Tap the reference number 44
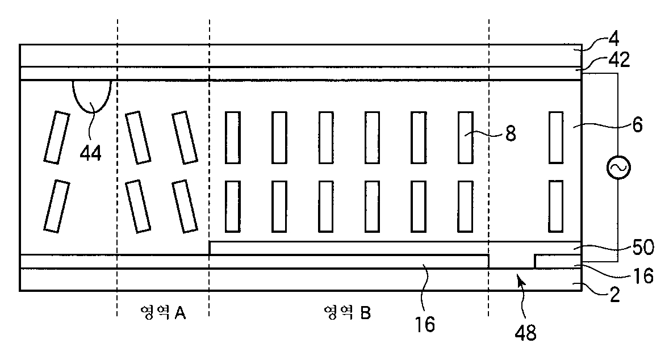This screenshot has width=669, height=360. coord(91,153)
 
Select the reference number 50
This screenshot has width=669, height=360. coord(641,248)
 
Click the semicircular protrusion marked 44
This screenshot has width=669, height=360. coord(91,94)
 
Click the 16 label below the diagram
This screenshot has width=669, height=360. coord(424,324)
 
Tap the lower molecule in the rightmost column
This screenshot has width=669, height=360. coord(556,206)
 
